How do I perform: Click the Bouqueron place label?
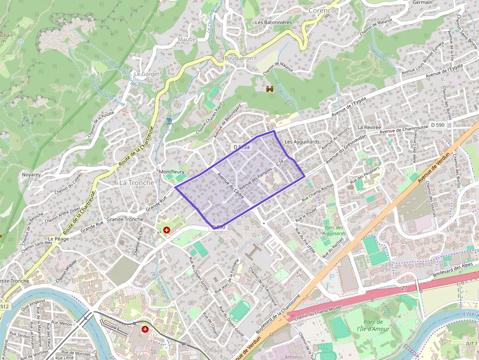coord(238,58)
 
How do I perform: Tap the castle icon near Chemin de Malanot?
coord(269,89)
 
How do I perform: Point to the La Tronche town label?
coord(137,183)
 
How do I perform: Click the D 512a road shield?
coord(241,147)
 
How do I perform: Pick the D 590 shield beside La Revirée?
coord(438,126)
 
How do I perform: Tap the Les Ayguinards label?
coord(302,142)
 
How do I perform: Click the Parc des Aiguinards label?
coord(334,231)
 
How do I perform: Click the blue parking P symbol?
coord(332,276)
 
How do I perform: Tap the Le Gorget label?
coord(144,74)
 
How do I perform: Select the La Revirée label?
coord(369,127)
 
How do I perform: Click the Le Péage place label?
coord(59,239)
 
